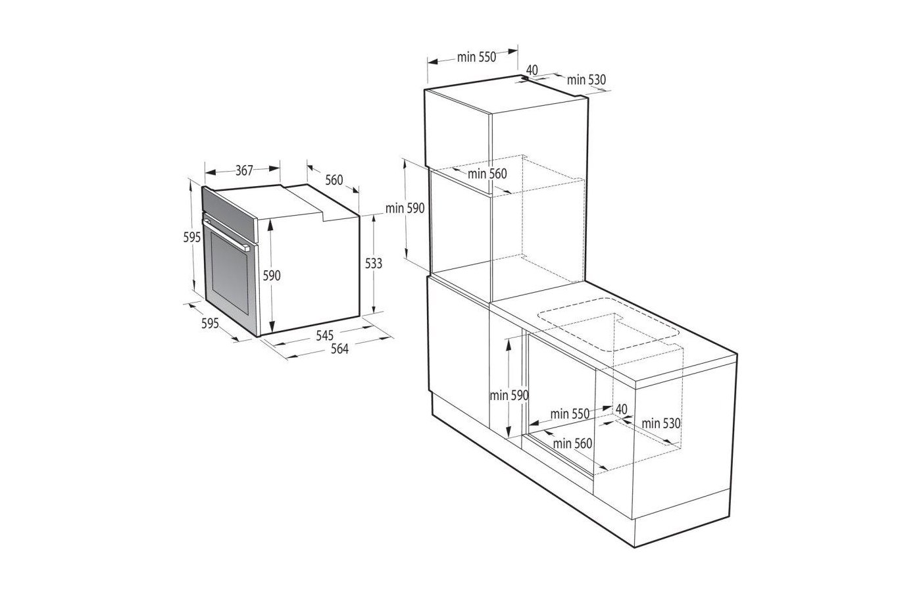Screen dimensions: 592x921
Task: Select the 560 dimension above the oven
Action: (x=334, y=180)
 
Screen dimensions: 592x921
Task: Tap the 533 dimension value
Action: (x=373, y=263)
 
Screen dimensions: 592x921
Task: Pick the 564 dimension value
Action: (x=339, y=349)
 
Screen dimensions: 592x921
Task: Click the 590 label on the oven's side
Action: (x=272, y=276)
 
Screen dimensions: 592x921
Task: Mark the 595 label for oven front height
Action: (x=191, y=237)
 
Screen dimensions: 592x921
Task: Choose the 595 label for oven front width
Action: (x=210, y=324)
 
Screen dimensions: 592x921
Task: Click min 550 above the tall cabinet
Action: (x=476, y=57)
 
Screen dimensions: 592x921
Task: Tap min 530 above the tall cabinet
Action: (x=586, y=80)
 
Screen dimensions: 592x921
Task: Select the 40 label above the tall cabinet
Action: (x=532, y=69)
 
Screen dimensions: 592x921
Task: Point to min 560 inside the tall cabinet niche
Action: (x=487, y=174)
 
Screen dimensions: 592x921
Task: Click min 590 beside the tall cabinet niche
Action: (x=406, y=208)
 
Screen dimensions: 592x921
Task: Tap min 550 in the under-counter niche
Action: (x=570, y=414)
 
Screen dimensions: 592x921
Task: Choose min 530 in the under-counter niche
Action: (x=661, y=423)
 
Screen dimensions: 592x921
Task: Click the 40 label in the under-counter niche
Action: (x=620, y=408)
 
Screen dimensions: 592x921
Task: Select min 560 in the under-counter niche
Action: (x=572, y=443)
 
